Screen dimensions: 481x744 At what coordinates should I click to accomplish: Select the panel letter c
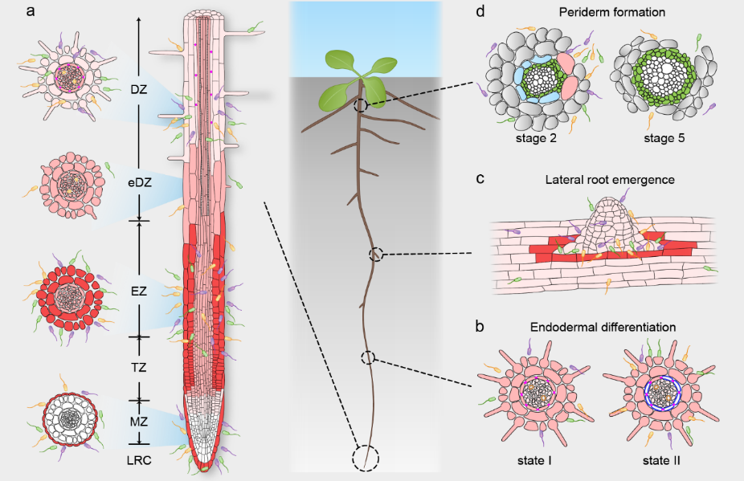(x=480, y=178)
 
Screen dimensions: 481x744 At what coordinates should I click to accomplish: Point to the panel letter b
(x=480, y=327)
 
